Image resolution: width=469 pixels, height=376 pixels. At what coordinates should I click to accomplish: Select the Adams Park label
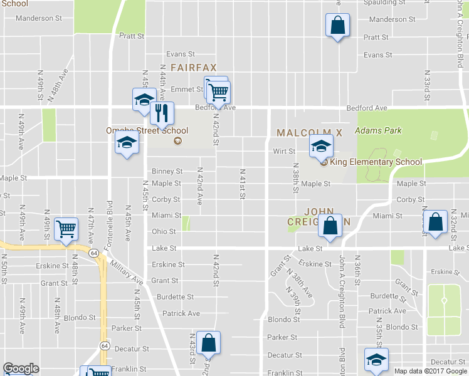click(377, 130)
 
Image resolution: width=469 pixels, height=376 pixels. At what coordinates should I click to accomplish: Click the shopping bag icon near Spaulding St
click(337, 26)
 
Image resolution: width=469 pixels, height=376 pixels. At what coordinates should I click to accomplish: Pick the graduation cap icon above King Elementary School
click(320, 147)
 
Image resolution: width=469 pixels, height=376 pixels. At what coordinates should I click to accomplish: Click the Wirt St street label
click(283, 151)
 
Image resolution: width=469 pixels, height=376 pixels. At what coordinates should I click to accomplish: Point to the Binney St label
click(167, 171)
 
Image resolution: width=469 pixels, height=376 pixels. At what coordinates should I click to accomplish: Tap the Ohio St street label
click(164, 231)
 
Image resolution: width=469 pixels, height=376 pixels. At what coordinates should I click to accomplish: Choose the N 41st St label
click(241, 184)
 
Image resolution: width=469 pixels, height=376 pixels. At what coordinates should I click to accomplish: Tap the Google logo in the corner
click(21, 368)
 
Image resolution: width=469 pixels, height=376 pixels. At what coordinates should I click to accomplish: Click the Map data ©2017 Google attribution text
click(430, 371)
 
